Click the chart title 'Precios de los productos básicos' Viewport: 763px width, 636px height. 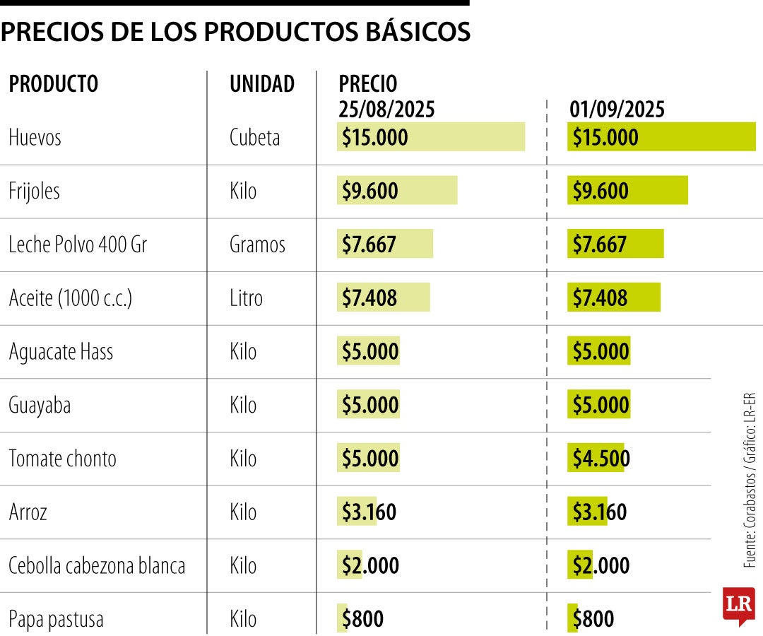click(x=235, y=32)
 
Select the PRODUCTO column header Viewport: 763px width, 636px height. click(x=54, y=84)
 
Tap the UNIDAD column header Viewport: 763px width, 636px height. click(x=262, y=84)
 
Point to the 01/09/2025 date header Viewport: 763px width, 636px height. click(x=617, y=110)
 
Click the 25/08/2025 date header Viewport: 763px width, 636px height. click(x=386, y=110)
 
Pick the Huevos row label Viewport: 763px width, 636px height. click(x=35, y=137)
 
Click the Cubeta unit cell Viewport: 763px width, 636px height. click(x=254, y=137)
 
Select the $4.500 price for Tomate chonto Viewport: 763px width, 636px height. click(x=601, y=459)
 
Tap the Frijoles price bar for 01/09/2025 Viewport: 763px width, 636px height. click(x=627, y=191)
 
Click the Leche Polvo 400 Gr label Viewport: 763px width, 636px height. click(x=78, y=245)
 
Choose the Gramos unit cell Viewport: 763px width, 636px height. click(x=257, y=245)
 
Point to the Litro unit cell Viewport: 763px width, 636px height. click(x=246, y=298)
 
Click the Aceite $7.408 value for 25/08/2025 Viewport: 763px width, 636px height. click(x=369, y=298)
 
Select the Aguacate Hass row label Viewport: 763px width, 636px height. click(x=61, y=351)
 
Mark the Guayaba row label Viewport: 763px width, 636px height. click(x=40, y=405)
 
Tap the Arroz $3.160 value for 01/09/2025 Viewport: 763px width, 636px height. click(x=599, y=512)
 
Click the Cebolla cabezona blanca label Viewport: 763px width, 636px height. click(x=97, y=566)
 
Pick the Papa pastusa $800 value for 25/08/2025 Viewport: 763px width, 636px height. click(x=362, y=620)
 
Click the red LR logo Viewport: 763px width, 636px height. click(x=738, y=606)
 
